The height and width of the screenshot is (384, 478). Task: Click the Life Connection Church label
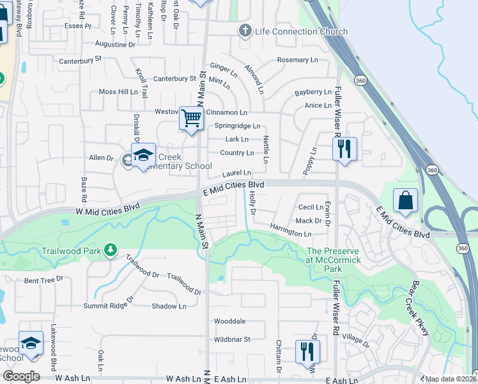301,31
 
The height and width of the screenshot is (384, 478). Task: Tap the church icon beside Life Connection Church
244,31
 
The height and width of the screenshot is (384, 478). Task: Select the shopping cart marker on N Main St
191,118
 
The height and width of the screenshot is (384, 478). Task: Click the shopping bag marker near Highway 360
406,201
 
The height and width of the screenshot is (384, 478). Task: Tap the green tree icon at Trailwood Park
111,248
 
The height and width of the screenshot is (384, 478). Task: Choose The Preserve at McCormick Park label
333,256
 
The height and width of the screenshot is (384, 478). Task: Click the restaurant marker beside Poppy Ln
344,149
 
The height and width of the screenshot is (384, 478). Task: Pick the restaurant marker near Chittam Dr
307,351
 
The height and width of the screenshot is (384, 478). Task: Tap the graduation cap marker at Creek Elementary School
143,156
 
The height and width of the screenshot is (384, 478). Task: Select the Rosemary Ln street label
297,60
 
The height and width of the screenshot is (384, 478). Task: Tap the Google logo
22,376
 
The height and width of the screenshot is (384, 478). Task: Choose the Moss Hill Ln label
118,92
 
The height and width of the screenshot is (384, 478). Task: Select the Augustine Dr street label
115,45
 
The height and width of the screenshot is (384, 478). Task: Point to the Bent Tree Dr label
44,280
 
